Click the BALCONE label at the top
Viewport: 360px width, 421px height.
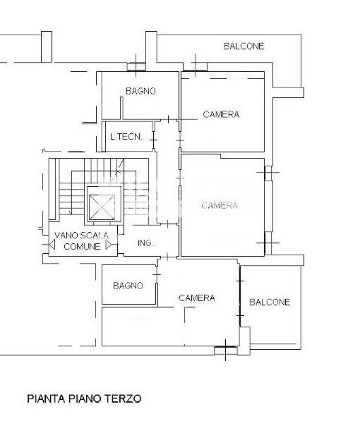[x=244, y=46]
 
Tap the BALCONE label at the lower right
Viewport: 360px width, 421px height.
[x=270, y=302]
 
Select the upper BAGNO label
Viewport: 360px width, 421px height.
[x=140, y=91]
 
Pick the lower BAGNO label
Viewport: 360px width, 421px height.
[x=128, y=286]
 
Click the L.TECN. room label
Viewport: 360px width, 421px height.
[x=126, y=137]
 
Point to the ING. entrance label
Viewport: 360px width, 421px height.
[x=145, y=243]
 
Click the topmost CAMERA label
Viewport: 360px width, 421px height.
[x=221, y=114]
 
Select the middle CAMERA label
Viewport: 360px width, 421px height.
[x=220, y=205]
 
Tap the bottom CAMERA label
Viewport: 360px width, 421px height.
[x=197, y=298]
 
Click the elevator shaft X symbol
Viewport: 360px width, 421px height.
[x=102, y=207]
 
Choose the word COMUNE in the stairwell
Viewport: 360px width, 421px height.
[x=82, y=246]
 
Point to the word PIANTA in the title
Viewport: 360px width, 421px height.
[x=47, y=398]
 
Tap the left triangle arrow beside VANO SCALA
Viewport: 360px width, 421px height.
[x=52, y=245]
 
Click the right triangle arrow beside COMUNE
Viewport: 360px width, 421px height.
[x=109, y=245]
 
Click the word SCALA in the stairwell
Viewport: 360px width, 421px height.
[x=94, y=236]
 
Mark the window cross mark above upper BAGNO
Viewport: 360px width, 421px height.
[x=136, y=66]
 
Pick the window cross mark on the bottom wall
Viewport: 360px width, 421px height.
[x=225, y=350]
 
